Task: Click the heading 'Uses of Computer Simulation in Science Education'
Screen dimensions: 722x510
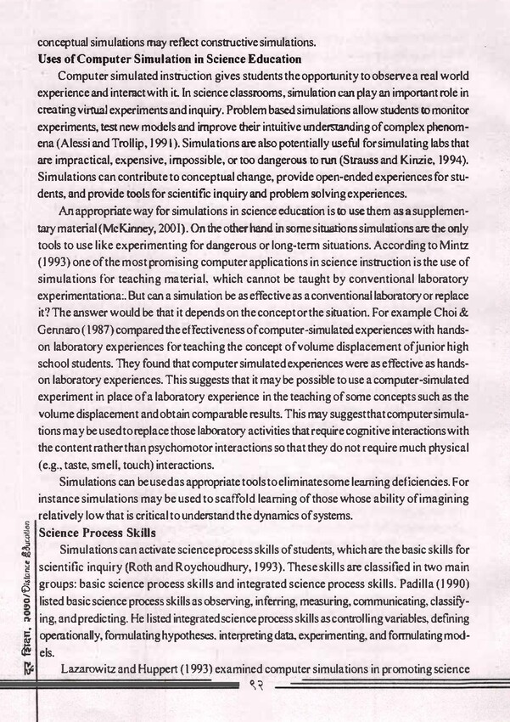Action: (x=170, y=59)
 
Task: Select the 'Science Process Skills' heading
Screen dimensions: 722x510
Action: (x=95, y=533)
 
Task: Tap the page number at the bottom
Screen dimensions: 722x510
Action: (x=253, y=687)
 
